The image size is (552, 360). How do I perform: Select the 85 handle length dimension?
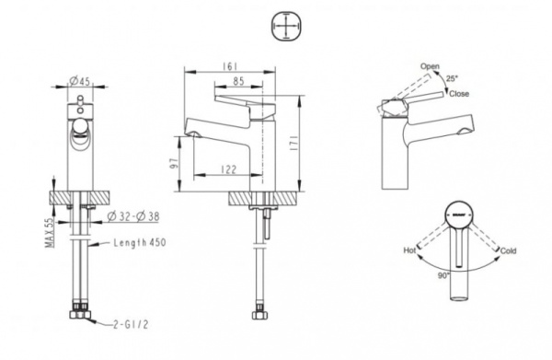238,81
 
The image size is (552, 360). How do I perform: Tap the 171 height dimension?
293,143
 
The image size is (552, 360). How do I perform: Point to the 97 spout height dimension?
174,164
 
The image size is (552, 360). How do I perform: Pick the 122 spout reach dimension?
229,169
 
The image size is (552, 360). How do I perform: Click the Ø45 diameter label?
79,81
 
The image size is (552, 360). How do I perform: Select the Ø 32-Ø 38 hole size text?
133,216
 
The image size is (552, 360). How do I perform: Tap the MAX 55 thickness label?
50,233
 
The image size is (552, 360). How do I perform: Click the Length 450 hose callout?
140,243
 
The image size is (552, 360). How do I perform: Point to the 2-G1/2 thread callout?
131,324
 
